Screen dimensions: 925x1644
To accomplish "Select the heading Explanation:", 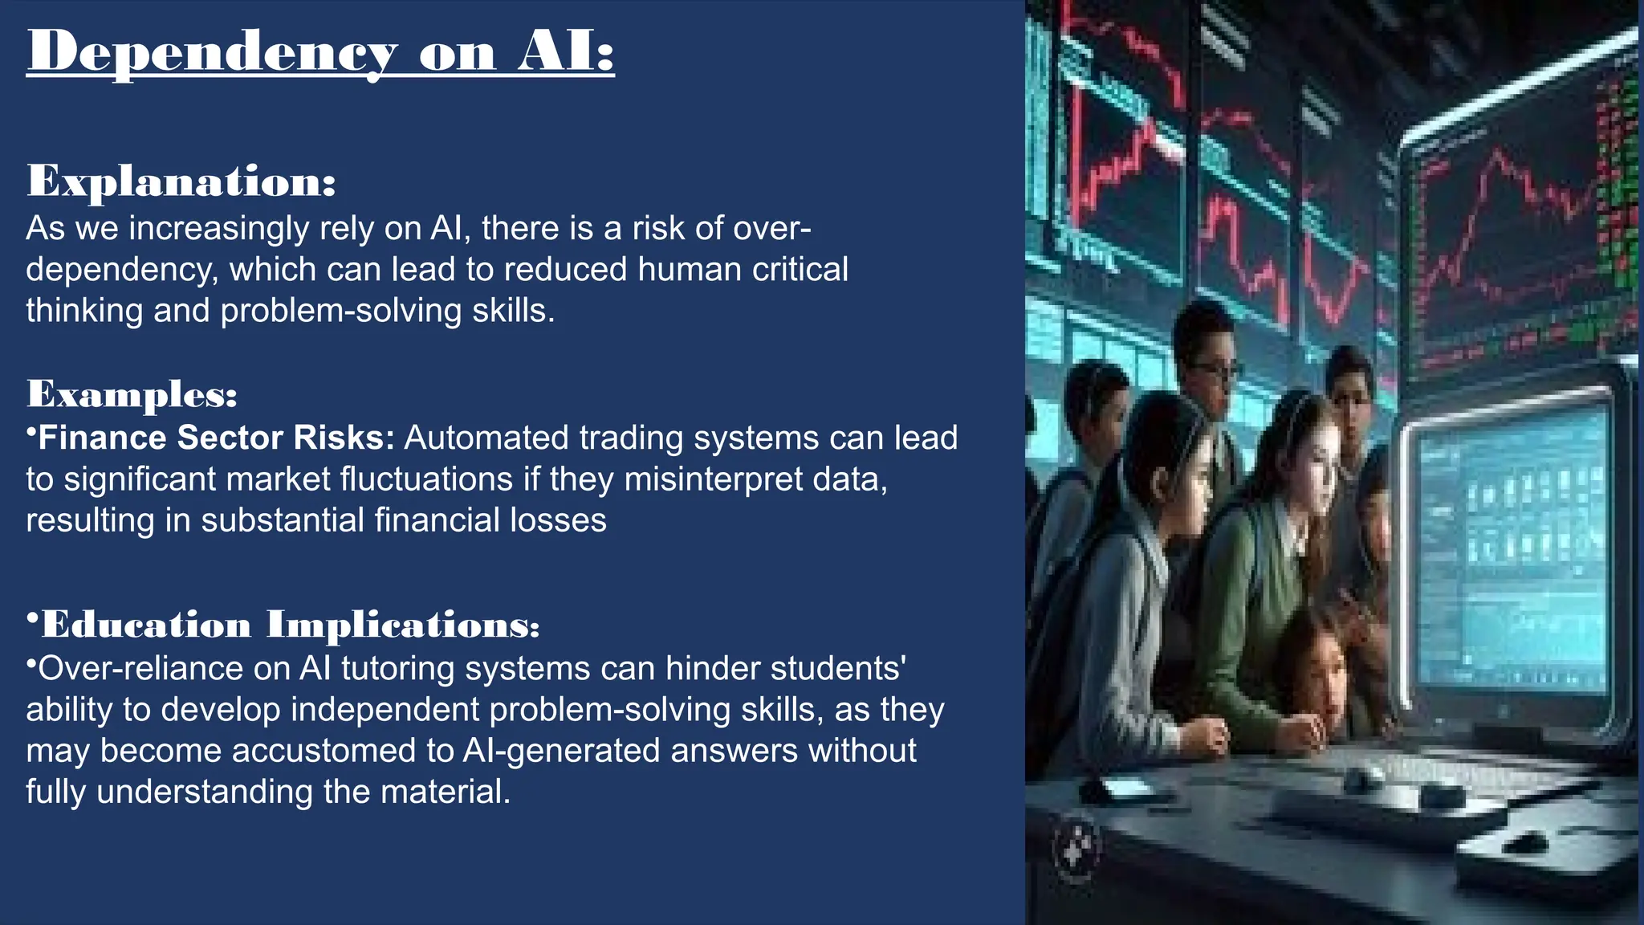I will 181,181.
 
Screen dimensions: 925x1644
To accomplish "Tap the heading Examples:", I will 132,393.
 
